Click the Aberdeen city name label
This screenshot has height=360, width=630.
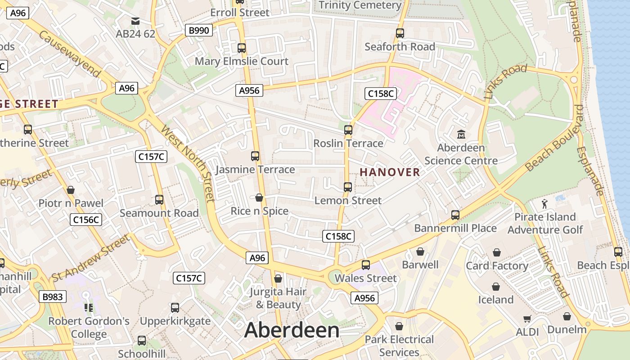(292, 330)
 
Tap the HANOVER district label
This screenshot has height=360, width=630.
(390, 172)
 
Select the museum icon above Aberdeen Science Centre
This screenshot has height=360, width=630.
(461, 134)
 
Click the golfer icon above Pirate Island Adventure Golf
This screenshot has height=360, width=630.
(545, 204)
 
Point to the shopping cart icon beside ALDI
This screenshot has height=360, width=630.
(527, 319)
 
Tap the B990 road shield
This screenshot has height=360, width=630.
(198, 31)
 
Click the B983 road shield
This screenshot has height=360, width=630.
(53, 297)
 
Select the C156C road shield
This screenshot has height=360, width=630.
(86, 220)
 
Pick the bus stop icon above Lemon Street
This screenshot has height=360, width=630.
(348, 187)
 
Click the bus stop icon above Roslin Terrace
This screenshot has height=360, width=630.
(348, 130)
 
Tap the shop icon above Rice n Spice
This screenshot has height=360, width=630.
(259, 197)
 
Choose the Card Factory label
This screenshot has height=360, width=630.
(497, 266)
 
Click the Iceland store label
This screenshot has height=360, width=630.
(495, 300)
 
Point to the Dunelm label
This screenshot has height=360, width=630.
(567, 329)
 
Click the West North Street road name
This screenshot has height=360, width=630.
(188, 164)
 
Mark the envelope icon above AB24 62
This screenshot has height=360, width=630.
(135, 21)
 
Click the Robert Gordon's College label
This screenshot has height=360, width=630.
(89, 328)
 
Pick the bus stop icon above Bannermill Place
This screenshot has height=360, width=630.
(455, 215)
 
